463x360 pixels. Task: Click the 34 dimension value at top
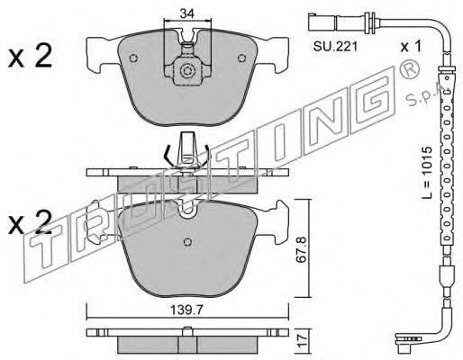[187, 13]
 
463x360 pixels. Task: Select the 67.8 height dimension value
[301, 249]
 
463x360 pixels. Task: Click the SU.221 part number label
[335, 47]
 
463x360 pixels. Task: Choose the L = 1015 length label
[426, 173]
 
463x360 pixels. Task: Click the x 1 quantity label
[411, 47]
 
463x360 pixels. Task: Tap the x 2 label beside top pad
[30, 56]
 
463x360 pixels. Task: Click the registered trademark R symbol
[409, 70]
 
